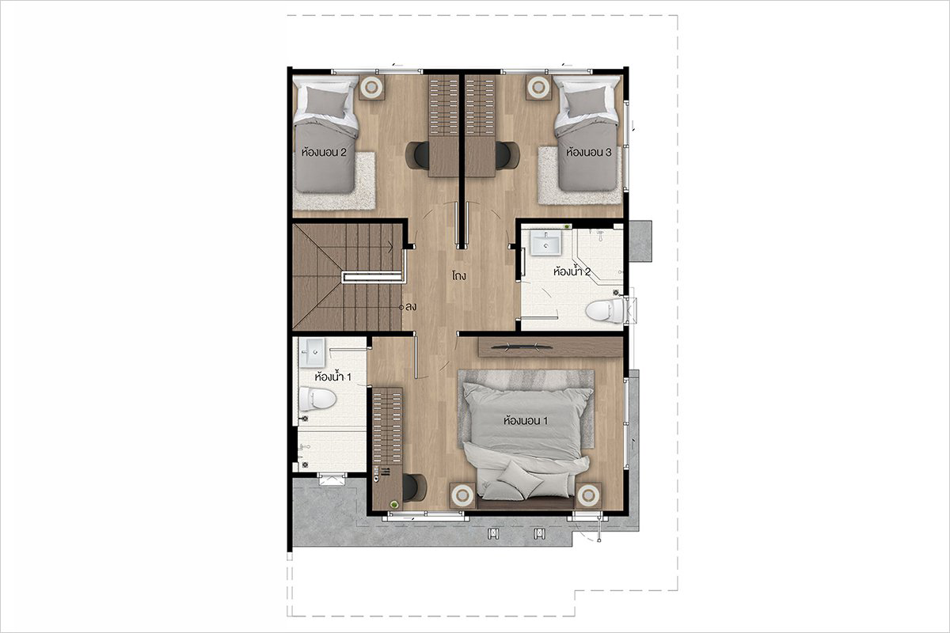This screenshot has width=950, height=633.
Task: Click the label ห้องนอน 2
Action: point(324,152)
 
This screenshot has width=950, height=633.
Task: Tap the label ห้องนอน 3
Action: point(589,152)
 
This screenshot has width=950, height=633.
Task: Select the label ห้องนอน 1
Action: point(526,421)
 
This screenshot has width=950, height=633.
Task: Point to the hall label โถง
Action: point(459,276)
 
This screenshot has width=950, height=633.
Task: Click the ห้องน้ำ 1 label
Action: point(333,377)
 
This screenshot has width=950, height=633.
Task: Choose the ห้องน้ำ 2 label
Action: point(572,271)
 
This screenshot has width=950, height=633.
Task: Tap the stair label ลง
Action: point(411,307)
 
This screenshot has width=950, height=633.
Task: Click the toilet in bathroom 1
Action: point(317,399)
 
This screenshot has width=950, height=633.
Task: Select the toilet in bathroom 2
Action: point(604,311)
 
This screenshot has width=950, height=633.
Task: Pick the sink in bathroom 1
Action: point(313,352)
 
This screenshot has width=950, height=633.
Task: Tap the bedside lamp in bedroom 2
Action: point(371,87)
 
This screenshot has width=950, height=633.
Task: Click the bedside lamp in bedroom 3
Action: point(539,87)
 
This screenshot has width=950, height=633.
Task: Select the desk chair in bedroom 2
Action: point(417,156)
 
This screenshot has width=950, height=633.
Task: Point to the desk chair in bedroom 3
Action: point(507,155)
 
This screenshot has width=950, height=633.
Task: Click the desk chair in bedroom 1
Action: point(414,487)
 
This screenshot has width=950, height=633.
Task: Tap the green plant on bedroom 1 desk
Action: point(395,504)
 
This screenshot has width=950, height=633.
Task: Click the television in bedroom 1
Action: point(522,347)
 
